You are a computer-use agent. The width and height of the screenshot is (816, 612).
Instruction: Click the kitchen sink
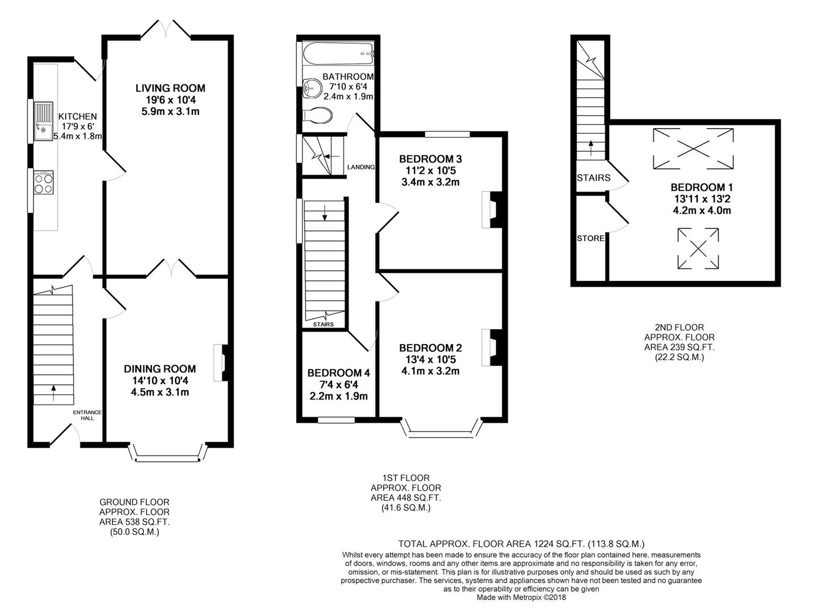44,121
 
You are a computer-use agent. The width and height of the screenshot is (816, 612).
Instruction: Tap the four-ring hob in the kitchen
44,182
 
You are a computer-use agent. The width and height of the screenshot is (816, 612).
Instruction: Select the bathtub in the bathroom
338,53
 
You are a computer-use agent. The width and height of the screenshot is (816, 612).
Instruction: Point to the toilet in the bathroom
317,116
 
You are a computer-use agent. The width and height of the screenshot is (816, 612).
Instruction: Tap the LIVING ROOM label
170,88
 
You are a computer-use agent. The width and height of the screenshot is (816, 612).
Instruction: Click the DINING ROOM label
160,368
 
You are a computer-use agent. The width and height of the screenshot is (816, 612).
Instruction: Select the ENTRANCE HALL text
87,415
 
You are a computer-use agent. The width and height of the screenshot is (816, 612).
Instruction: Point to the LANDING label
361,167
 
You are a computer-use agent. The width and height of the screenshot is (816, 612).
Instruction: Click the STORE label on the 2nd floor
590,238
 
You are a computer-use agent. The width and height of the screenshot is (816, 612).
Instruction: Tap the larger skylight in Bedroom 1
694,148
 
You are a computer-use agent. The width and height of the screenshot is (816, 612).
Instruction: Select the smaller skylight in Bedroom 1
698,248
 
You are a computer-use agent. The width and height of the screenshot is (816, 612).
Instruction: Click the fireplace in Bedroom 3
492,210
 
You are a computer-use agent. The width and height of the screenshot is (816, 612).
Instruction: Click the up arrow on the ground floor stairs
53,393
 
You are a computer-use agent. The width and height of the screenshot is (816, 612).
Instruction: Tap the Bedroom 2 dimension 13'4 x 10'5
431,359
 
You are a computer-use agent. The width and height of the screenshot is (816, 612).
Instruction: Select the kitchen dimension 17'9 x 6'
78,126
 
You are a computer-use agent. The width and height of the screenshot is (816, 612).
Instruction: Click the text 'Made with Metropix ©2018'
521,598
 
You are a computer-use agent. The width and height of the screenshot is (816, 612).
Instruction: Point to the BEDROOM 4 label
339,373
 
